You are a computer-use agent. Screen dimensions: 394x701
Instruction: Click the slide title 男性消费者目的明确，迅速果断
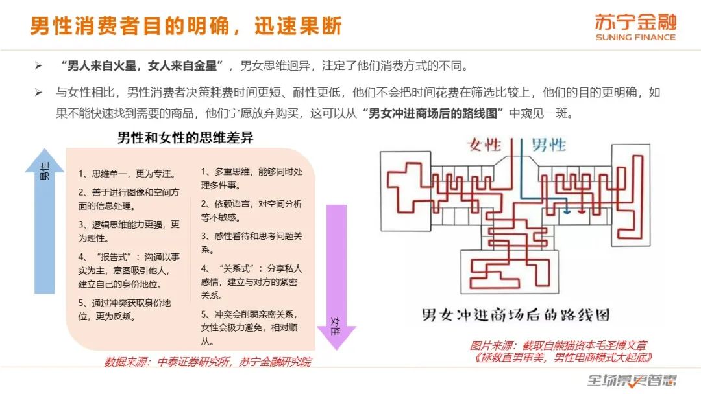(186, 26)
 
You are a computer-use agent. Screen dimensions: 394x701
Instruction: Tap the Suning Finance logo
(635, 27)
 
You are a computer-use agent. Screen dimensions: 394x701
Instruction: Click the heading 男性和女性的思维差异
(185, 138)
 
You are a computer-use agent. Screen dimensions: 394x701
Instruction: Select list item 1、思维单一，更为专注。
(127, 174)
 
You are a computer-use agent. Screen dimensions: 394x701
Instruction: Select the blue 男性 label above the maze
(549, 144)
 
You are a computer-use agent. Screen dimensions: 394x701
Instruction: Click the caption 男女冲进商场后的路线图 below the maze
(515, 316)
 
